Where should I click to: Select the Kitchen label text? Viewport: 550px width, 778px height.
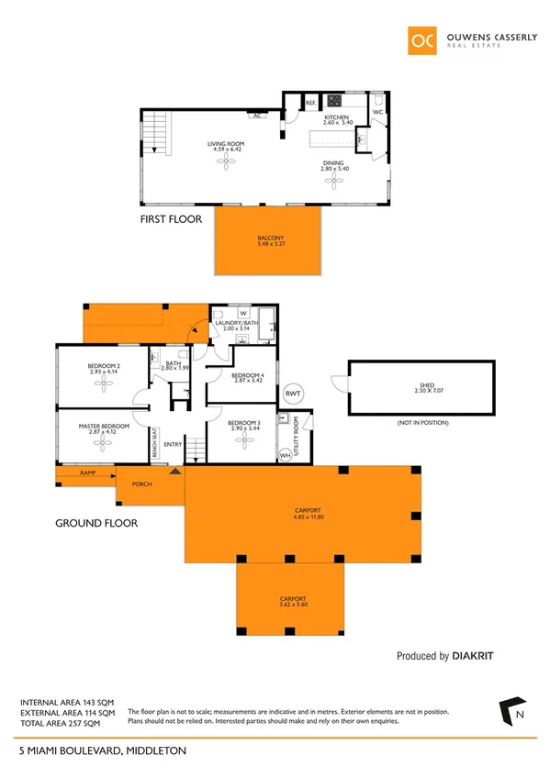coord(337,117)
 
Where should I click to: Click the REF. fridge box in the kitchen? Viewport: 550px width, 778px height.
coord(310,103)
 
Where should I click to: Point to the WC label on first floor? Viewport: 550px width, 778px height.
coord(377,113)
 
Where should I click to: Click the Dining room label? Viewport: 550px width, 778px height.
coord(331,164)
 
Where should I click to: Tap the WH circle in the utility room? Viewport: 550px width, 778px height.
coord(285,454)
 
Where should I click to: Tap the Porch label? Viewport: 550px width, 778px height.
coord(141,484)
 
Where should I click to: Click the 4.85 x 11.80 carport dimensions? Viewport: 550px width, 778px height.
coord(303,516)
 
